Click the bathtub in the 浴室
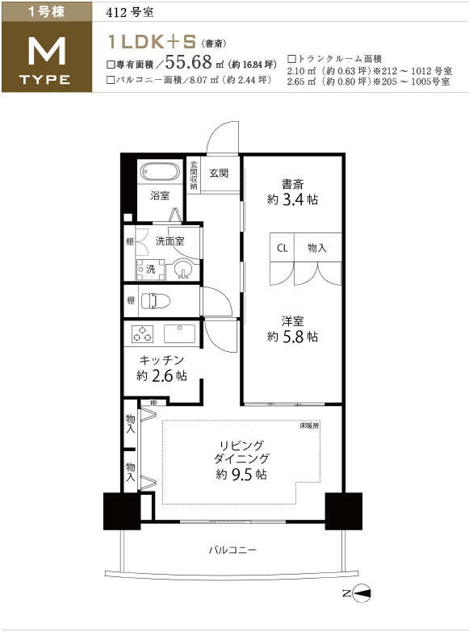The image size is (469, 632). click(x=160, y=172)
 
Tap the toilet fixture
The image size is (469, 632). click(x=155, y=300)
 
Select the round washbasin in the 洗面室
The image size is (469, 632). click(x=183, y=270)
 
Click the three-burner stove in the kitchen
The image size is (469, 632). click(x=143, y=334)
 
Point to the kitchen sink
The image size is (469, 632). click(x=180, y=333)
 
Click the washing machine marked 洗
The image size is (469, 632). click(x=150, y=270)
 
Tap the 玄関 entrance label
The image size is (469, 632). click(x=219, y=174)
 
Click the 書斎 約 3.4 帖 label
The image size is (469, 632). click(x=292, y=192)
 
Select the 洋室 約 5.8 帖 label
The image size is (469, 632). click(x=292, y=329)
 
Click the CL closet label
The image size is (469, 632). click(x=283, y=248)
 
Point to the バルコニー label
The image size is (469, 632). click(x=232, y=550)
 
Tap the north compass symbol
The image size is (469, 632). click(x=361, y=593)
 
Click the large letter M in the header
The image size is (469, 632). click(x=47, y=51)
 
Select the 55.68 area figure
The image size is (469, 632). click(x=188, y=62)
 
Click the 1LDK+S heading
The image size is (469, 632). click(x=152, y=41)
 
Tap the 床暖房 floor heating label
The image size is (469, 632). click(x=309, y=425)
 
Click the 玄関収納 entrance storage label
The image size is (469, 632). click(x=194, y=175)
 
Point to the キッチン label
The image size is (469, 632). click(x=161, y=360)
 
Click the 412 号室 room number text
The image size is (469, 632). click(x=129, y=12)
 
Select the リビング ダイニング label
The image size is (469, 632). click(x=241, y=452)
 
